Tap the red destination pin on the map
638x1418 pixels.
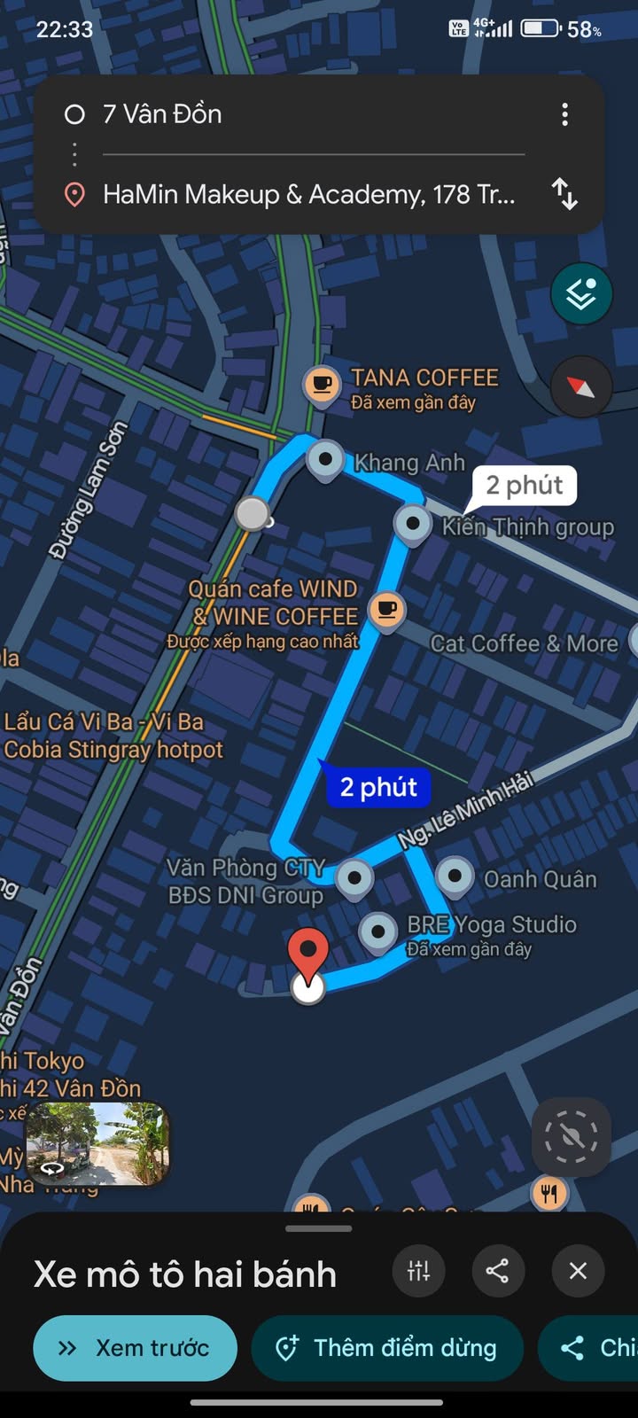coord(308,954)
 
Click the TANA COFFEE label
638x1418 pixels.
coord(424,378)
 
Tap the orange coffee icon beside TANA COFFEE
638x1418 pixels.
coord(321,385)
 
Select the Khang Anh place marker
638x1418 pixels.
coord(325,459)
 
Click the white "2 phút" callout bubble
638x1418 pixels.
coord(524,485)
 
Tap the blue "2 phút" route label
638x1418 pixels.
coord(378,787)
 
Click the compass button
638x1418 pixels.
coord(580,387)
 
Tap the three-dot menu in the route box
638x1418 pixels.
coord(564,114)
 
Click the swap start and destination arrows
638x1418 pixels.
coord(564,193)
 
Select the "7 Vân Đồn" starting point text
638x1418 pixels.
coord(162,114)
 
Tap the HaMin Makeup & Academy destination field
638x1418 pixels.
coord(308,194)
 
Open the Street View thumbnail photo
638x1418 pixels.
coord(97,1143)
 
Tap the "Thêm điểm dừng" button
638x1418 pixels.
coord(387,1348)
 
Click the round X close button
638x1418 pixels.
coord(578,1272)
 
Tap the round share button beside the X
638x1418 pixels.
coord(497,1272)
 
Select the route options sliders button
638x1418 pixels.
coord(418,1272)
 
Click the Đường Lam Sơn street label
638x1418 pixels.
coord(89,490)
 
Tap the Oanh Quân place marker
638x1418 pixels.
coord(455,876)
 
